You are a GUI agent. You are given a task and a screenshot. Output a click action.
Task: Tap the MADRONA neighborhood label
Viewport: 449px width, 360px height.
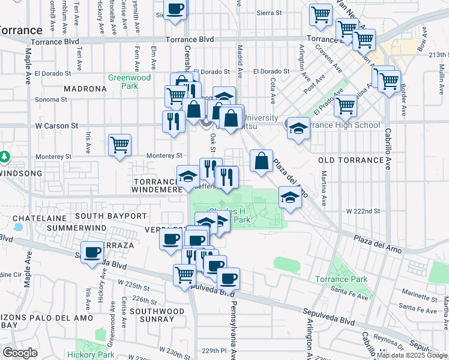coord(84,89)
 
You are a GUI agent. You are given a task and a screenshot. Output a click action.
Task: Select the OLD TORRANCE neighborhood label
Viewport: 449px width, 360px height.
coord(351,160)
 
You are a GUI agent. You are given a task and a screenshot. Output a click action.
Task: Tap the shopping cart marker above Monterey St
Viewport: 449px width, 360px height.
coord(119,145)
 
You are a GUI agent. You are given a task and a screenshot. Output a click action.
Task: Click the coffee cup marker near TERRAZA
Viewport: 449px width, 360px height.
coord(92,253)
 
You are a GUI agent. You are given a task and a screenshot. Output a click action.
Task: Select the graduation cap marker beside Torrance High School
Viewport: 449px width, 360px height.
coord(298,128)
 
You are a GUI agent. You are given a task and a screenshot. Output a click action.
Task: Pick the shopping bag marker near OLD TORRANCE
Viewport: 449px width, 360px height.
coord(261,161)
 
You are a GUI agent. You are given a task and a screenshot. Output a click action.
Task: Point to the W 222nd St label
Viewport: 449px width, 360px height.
coord(364,211)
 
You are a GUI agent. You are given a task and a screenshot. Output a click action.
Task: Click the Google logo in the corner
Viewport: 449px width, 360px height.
coord(20,353)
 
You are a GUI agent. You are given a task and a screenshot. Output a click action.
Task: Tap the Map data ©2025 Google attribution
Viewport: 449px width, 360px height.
coord(412,355)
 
